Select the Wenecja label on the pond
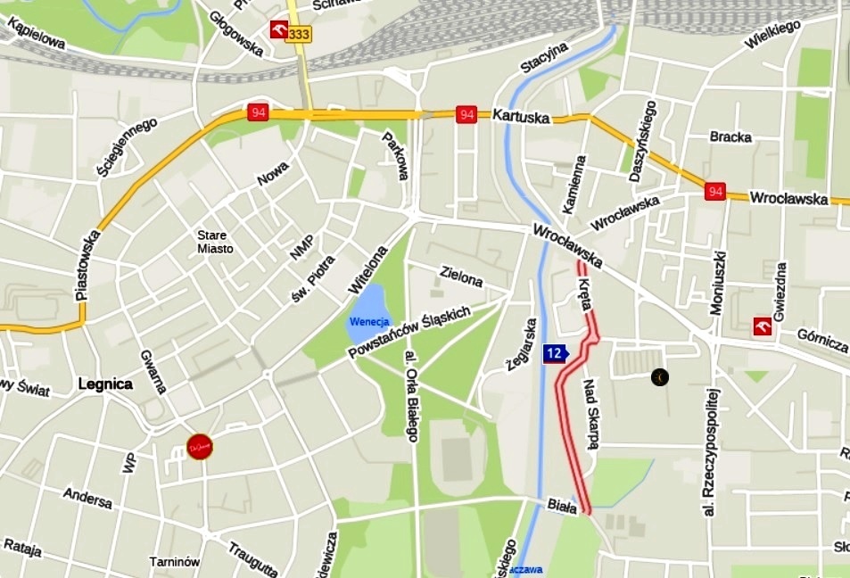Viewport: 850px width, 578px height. (x=369, y=321)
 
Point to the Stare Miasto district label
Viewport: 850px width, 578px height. (x=215, y=242)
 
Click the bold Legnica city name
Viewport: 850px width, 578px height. (x=105, y=384)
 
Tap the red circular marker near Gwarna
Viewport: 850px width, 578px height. (x=199, y=447)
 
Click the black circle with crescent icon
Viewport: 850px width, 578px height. (x=659, y=377)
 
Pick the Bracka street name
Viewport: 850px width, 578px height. (x=730, y=137)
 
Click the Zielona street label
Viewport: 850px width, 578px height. (x=462, y=276)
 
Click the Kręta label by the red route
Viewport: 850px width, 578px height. (x=585, y=293)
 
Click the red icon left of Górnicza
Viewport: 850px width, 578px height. (x=763, y=326)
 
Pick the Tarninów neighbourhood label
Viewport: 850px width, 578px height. (x=174, y=562)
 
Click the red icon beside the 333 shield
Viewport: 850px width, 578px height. (x=280, y=31)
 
